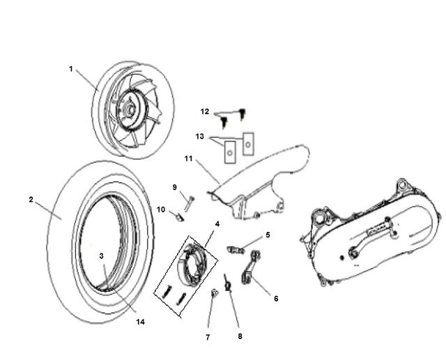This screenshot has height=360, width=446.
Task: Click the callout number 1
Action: (71, 69)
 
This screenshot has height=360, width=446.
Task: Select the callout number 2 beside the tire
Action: (31, 199)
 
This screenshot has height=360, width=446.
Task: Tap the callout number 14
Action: (140, 322)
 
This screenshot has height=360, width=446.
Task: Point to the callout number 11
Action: (189, 159)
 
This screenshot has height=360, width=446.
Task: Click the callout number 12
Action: (205, 111)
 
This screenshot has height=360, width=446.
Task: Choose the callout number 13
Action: (200, 136)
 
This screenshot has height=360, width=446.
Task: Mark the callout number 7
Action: (208, 337)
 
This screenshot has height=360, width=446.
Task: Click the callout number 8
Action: (240, 336)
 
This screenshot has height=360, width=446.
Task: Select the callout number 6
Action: (276, 299)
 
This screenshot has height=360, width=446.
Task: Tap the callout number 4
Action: (217, 224)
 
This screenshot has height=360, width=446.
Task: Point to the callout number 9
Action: (175, 187)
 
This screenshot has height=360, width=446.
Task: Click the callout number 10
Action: (161, 210)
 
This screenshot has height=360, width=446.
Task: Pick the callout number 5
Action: (268, 235)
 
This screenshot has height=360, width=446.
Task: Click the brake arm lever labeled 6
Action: (251, 267)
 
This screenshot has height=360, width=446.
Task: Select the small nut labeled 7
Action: (214, 292)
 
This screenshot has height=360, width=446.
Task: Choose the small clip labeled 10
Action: (180, 217)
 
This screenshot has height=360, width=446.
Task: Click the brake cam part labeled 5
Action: (236, 250)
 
